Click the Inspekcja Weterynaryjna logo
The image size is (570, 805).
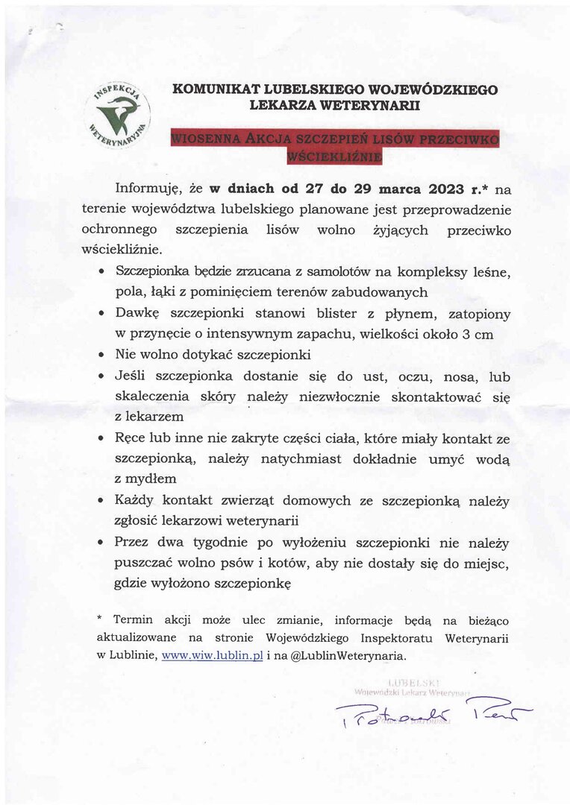tap(122, 116)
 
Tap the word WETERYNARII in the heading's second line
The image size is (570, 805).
tap(372, 106)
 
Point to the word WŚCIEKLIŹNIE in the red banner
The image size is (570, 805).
tap(334, 157)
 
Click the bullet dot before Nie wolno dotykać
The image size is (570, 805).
tap(101, 354)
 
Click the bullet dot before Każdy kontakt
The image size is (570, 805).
tap(101, 502)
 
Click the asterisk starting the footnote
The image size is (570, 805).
tap(99, 619)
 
